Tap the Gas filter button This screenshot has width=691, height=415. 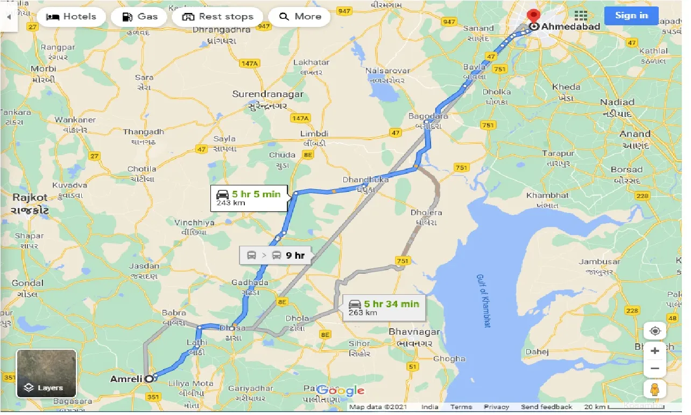(x=139, y=16)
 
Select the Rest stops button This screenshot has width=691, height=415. (x=217, y=16)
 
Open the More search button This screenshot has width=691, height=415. (x=300, y=16)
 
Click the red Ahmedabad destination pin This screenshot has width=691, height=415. (x=534, y=16)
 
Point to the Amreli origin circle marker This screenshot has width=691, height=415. (x=149, y=379)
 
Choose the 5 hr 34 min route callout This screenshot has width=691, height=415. (x=383, y=308)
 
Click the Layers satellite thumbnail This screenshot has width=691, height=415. (x=46, y=373)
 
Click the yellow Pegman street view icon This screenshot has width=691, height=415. (x=655, y=389)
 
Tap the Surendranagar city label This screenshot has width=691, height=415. (x=267, y=94)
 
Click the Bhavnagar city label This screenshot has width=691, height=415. (x=414, y=332)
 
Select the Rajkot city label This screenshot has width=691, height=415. (x=30, y=198)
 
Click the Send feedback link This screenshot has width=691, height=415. (x=546, y=407)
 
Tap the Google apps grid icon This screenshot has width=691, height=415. (x=581, y=16)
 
